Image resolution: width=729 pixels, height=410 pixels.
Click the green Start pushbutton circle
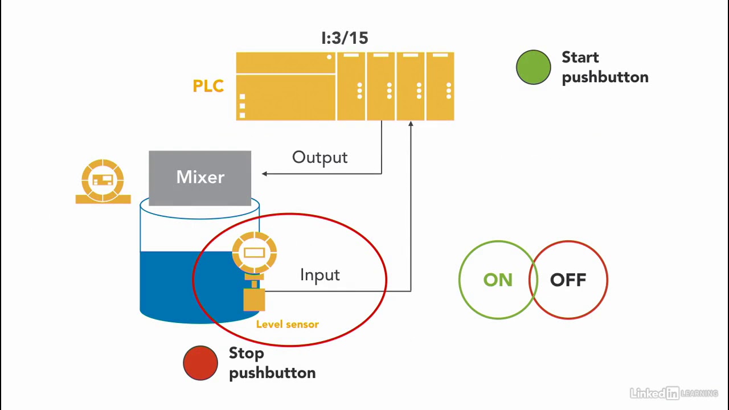coord(533,68)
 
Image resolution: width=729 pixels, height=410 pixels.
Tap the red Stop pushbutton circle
coord(200,363)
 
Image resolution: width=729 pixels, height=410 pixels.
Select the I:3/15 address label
coord(345,38)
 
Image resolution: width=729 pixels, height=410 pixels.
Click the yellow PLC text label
coord(208,86)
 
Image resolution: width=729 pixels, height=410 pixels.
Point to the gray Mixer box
coord(200,177)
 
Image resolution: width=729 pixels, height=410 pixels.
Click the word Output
coord(320,158)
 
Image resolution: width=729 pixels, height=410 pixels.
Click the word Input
coord(320,275)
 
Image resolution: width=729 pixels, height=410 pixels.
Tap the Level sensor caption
coord(287,324)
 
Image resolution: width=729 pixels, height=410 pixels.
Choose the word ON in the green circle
coord(497,280)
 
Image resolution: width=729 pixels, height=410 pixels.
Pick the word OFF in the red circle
coord(568,280)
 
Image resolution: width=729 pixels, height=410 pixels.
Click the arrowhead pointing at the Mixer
coord(265,174)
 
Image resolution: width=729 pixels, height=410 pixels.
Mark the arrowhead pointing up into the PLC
coord(411,124)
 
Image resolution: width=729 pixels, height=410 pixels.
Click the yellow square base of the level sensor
coord(254,300)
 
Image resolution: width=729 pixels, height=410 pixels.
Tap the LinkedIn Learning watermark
coord(673,393)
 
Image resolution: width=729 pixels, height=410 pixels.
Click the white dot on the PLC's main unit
coord(329,57)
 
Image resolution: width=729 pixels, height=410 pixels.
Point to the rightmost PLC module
coord(440,87)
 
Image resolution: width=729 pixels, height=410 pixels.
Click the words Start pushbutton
coord(604,67)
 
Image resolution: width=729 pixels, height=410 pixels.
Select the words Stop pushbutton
coord(272,363)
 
